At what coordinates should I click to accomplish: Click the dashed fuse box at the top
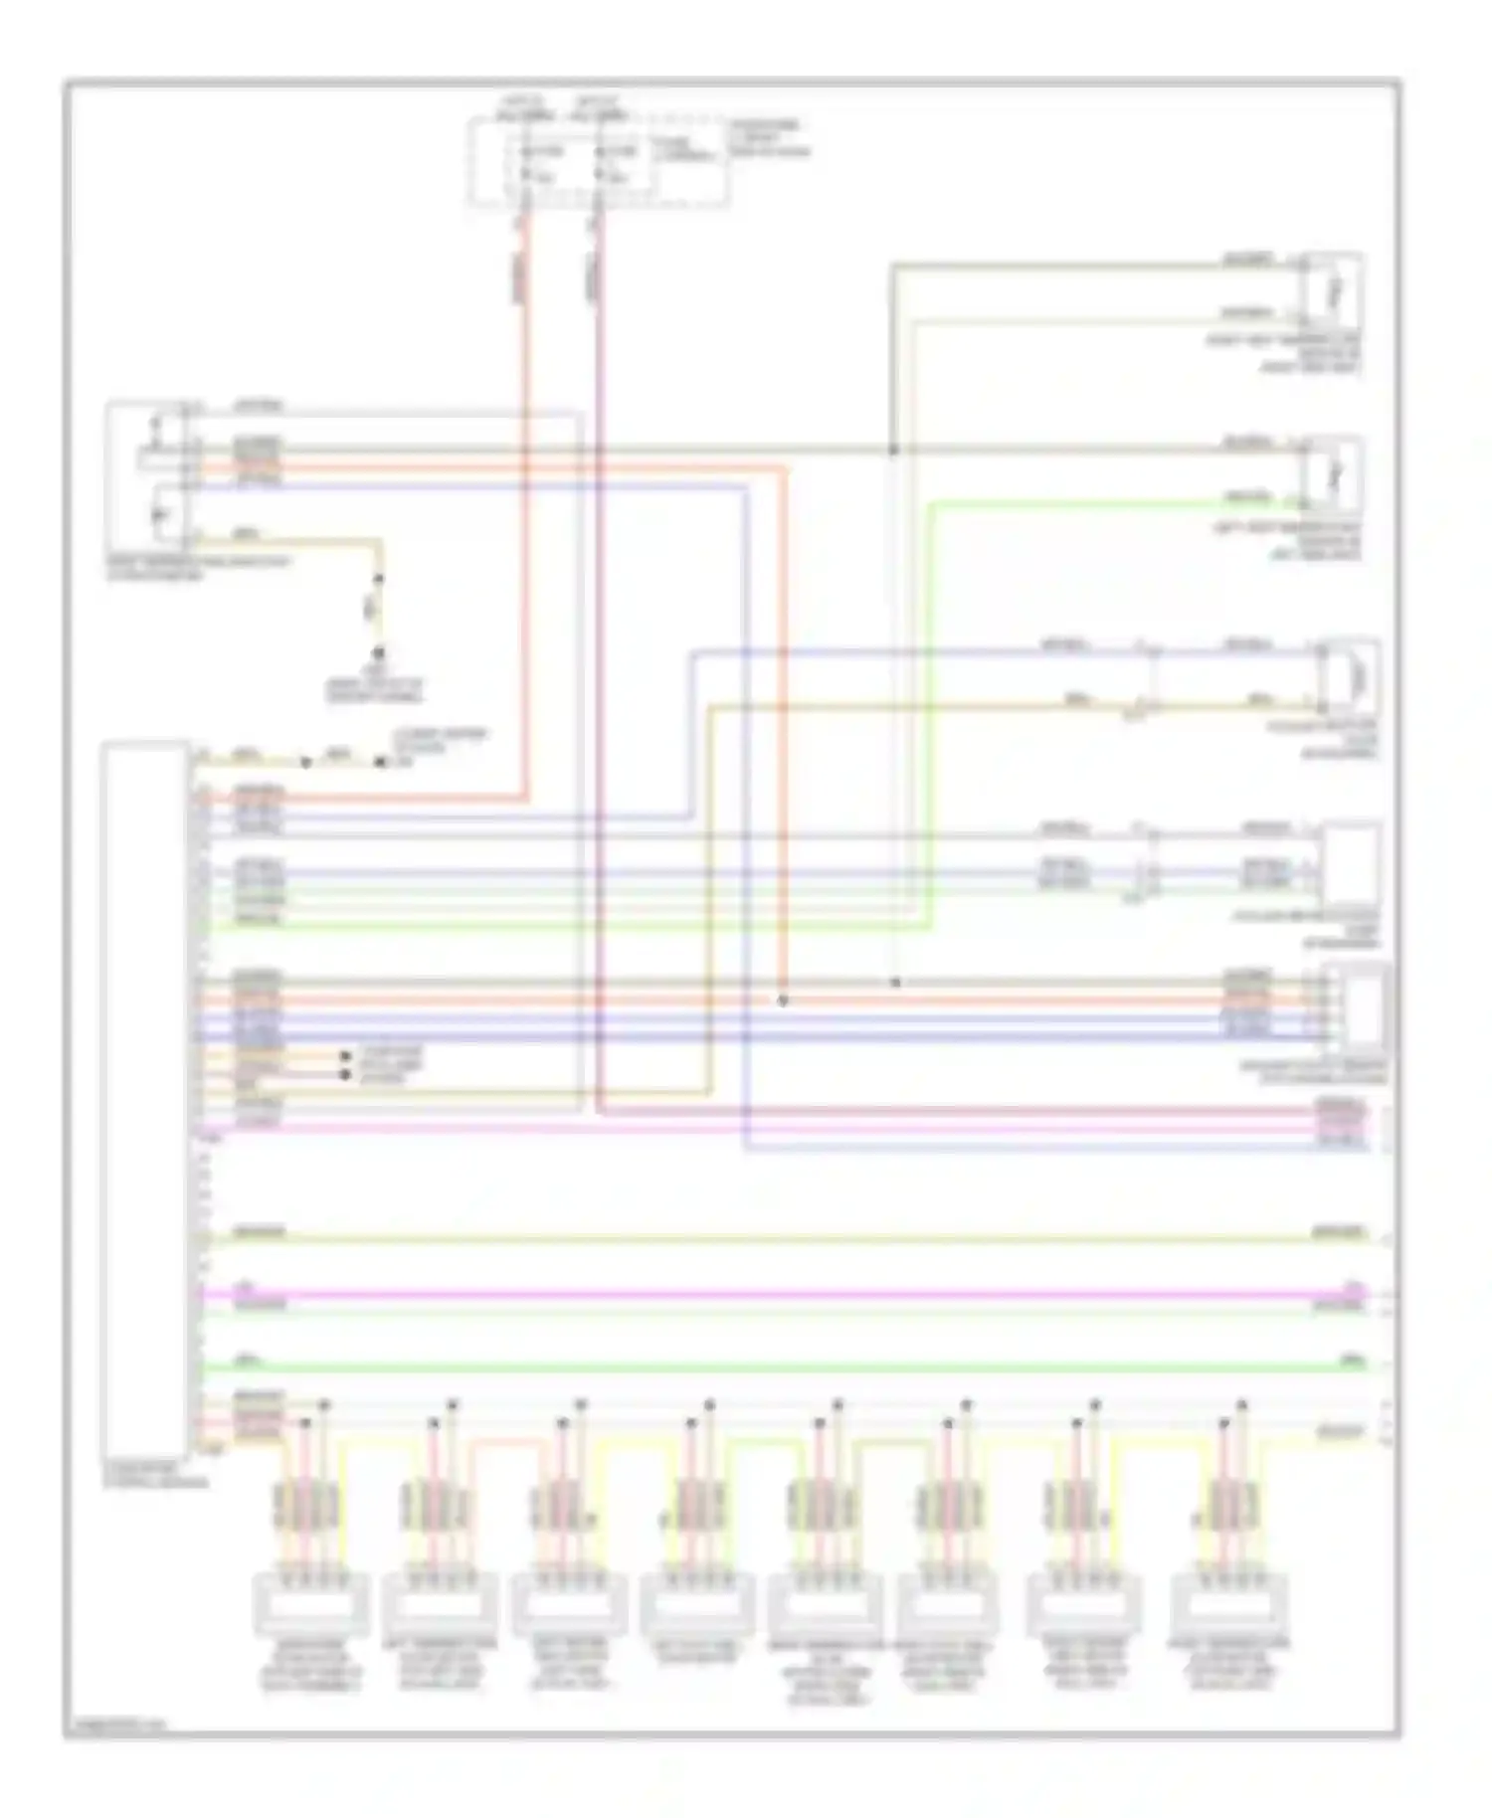click(x=599, y=162)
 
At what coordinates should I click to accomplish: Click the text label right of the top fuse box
click(x=768, y=138)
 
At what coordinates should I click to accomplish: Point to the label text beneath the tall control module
click(x=156, y=1474)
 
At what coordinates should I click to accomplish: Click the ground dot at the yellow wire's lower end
click(x=378, y=653)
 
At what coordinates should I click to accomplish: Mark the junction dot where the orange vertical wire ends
click(x=783, y=1000)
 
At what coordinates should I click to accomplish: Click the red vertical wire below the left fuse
click(x=525, y=497)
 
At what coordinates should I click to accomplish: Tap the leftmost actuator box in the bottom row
click(x=311, y=1603)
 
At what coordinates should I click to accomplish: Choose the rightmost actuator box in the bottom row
click(x=1229, y=1603)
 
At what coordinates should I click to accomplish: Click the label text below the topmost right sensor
click(x=1283, y=354)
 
